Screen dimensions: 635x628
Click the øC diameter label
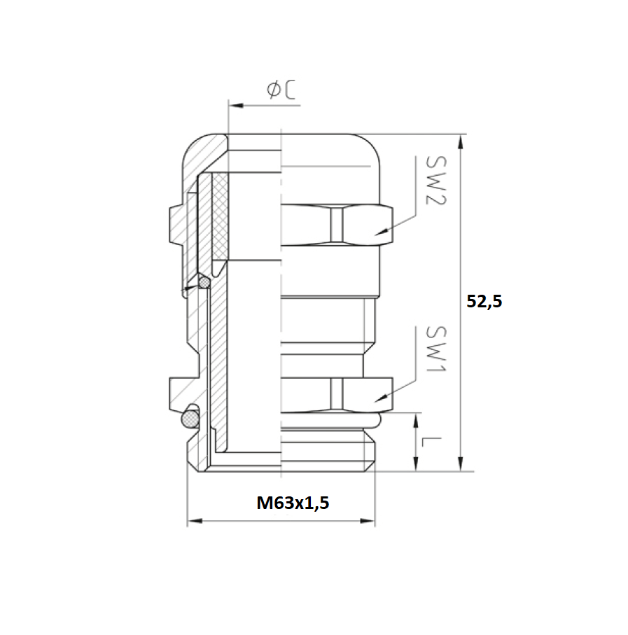point(281,89)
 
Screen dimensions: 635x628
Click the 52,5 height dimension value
point(484,302)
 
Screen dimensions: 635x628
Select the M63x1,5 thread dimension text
point(293,503)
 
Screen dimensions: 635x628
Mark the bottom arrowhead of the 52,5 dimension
point(460,464)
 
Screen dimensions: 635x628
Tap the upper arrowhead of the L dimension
point(417,420)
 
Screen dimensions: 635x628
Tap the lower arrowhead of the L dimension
point(417,464)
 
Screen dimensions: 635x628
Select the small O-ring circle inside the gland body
point(204,282)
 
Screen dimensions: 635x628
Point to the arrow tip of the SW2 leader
point(378,232)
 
